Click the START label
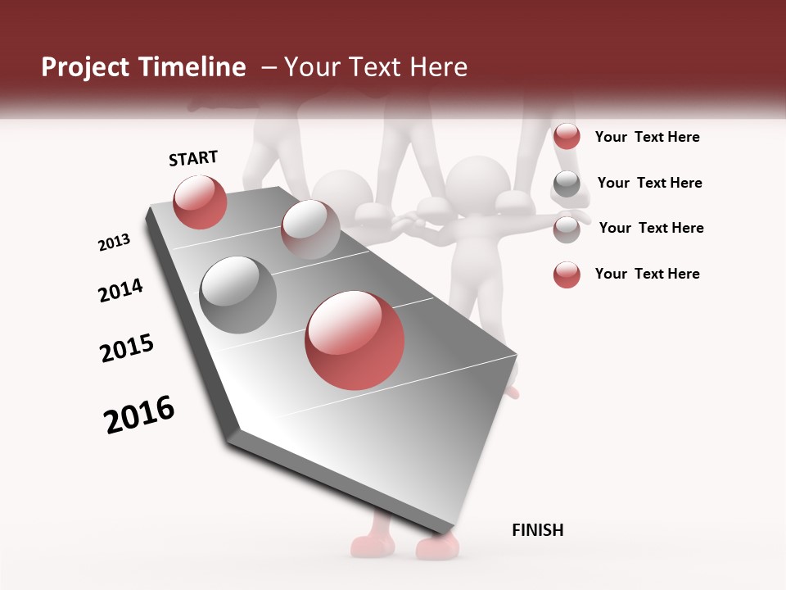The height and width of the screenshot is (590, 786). tap(193, 158)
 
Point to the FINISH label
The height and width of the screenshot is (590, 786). tap(537, 530)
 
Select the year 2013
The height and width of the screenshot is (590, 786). tap(115, 243)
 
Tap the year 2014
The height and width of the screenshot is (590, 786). tap(120, 291)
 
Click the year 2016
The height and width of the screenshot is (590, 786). tap(140, 415)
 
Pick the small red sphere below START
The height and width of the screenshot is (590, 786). tap(200, 202)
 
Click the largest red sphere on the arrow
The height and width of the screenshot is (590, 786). tap(355, 340)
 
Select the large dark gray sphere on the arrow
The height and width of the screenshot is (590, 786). tap(238, 294)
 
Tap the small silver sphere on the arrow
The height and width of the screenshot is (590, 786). tap(310, 229)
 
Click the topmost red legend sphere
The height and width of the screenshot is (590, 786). tap(567, 136)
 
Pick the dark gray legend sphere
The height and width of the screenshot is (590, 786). tap(567, 184)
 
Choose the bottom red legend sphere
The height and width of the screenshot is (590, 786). tap(567, 275)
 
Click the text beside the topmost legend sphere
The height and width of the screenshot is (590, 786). tap(647, 137)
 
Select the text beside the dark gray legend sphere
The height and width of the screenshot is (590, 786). tap(649, 183)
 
